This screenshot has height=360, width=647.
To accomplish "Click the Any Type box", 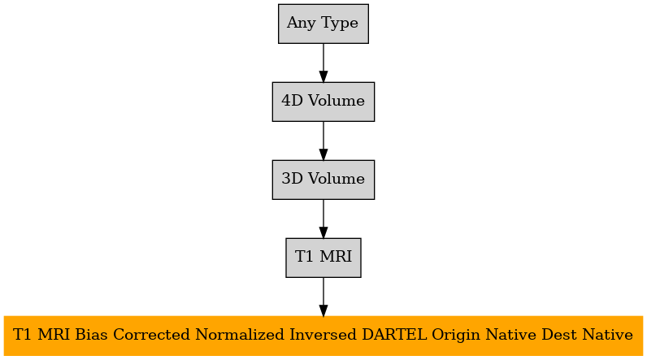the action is (323, 24).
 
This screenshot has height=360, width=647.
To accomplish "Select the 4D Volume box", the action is (323, 102).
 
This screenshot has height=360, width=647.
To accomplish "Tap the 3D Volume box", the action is (323, 180).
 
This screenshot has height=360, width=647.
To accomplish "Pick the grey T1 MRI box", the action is (323, 258).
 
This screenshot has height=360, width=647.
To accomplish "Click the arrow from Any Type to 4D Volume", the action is (323, 63).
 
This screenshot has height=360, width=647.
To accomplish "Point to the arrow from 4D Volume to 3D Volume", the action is (323, 141).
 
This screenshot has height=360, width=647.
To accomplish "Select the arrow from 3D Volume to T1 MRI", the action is (323, 219).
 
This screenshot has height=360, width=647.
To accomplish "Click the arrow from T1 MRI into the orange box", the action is (323, 297).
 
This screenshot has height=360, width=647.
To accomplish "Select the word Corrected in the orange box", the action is (152, 335).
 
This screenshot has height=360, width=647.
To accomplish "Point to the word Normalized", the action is (240, 335).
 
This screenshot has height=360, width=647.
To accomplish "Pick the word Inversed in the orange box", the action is (323, 335).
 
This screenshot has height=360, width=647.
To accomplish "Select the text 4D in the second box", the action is (293, 101).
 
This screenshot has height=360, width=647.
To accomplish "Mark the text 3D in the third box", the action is (293, 179).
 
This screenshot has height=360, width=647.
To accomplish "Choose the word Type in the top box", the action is (339, 23).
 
